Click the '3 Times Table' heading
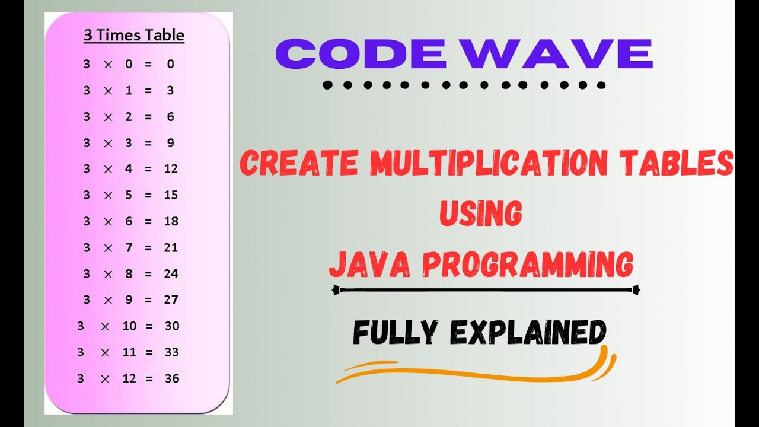(x=134, y=36)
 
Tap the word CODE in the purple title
(x=361, y=54)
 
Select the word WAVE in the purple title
(x=557, y=54)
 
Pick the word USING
(x=480, y=214)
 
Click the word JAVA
(x=369, y=265)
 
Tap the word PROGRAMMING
(x=528, y=265)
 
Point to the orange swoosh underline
(x=474, y=371)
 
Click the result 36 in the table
(x=172, y=378)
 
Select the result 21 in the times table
(x=171, y=247)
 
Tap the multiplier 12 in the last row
(x=129, y=378)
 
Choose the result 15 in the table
(x=171, y=195)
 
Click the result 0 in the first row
(x=171, y=64)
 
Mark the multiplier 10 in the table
(x=129, y=326)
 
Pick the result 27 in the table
(x=171, y=300)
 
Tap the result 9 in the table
(x=171, y=143)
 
